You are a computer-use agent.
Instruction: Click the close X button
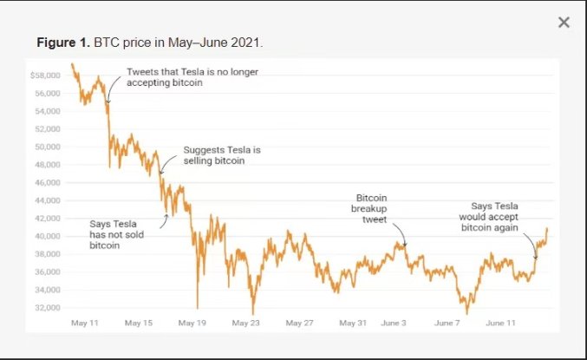pos(564,23)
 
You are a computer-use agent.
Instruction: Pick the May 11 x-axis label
pos(84,323)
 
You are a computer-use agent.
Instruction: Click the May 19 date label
pos(192,323)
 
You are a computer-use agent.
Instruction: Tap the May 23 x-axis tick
pos(246,323)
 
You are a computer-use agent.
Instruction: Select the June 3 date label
pos(393,323)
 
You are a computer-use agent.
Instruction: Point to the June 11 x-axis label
pos(501,323)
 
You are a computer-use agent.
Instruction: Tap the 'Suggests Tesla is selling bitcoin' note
pos(221,155)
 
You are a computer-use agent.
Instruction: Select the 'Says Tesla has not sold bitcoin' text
pos(116,234)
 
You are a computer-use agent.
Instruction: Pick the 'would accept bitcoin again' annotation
pos(489,217)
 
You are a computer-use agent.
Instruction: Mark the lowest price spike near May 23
pos(253,313)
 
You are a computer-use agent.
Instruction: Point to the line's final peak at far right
pos(547,228)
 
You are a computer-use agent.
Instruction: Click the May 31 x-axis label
pos(354,323)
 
